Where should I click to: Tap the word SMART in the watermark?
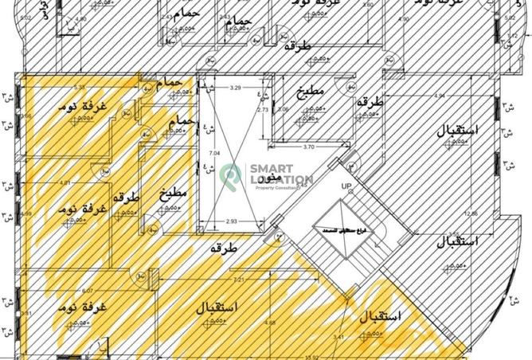[272, 169]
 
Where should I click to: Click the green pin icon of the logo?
[230, 174]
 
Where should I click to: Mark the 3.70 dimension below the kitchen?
[309, 147]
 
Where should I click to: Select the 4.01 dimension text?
[65, 183]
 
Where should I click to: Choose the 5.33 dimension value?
[80, 87]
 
